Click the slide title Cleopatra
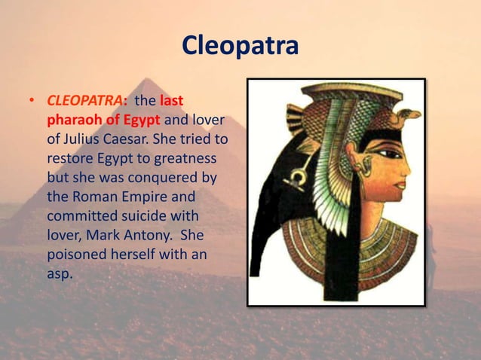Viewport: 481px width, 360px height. click(240, 45)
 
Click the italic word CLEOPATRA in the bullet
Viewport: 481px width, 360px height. click(85, 100)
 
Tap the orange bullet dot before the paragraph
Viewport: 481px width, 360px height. click(32, 101)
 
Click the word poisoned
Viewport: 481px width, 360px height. click(78, 255)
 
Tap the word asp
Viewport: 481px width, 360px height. click(60, 274)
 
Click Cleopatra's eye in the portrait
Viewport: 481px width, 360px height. click(388, 154)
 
